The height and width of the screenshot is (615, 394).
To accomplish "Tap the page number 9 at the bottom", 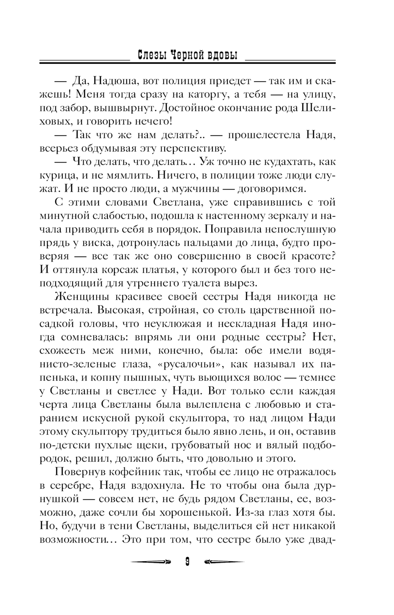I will point(187,562).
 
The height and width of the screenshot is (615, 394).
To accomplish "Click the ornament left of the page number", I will point(150,562).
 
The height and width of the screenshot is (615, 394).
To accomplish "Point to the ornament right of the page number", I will point(224,562).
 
